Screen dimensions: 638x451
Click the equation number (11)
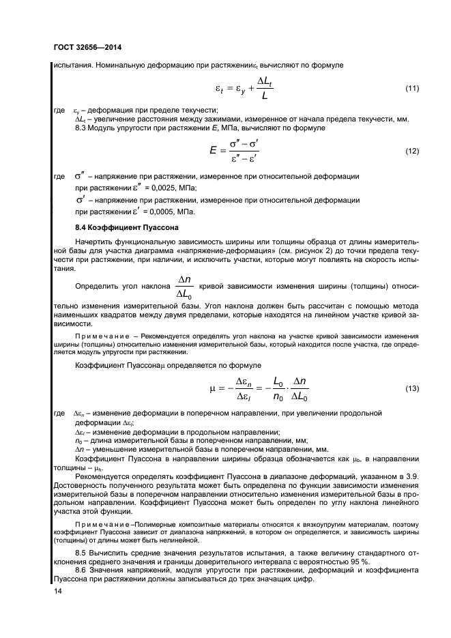(411, 89)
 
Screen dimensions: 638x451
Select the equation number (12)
(411, 151)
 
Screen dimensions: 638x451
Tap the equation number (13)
(411, 388)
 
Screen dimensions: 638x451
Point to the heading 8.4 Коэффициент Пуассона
(127, 226)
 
